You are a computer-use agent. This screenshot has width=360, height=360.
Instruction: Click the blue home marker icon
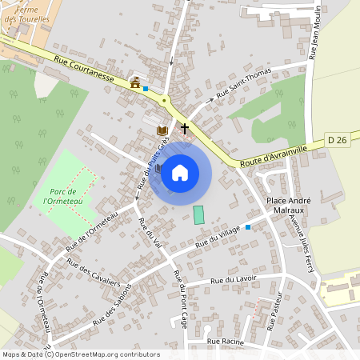coord(180,173)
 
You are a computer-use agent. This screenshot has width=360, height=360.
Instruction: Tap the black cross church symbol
coord(185,127)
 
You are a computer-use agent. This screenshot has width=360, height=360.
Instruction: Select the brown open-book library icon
coord(162,130)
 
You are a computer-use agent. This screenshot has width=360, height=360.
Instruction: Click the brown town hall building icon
coord(135,82)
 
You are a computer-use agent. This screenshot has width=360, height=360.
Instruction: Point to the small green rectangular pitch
coord(198,214)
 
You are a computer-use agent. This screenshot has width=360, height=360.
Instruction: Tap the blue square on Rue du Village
coord(248,227)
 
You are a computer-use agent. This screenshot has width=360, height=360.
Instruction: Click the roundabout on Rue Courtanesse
coord(165,101)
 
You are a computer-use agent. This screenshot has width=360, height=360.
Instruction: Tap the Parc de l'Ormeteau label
coord(62,197)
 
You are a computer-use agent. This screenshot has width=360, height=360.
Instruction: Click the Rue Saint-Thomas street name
coord(246,84)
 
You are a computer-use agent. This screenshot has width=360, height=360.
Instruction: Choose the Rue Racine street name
coord(225,341)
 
